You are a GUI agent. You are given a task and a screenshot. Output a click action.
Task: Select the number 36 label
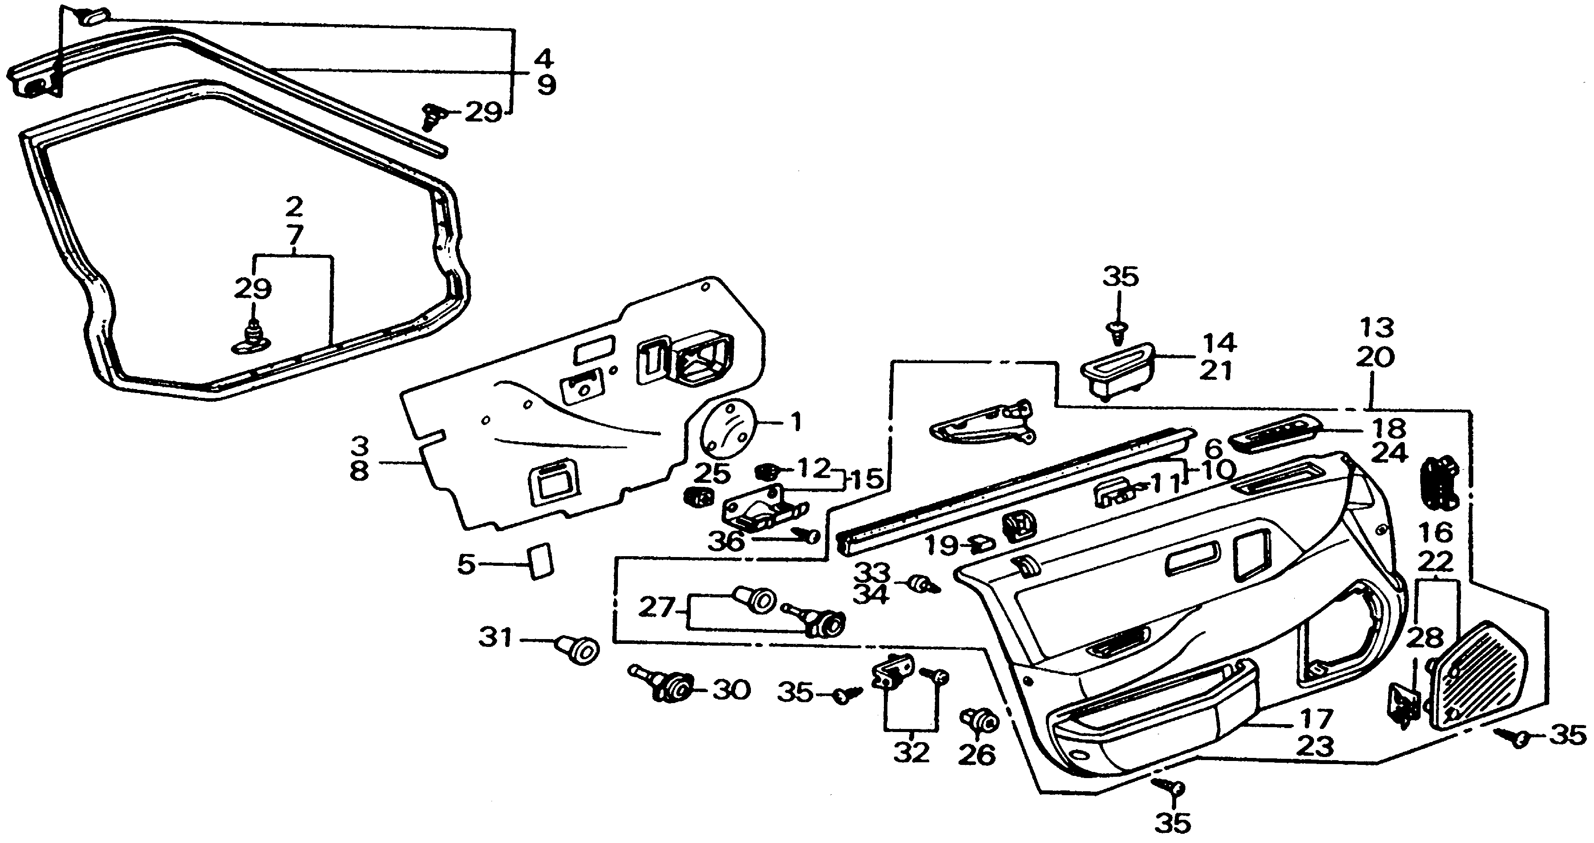726,542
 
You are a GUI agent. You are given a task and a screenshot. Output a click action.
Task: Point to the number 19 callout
942,546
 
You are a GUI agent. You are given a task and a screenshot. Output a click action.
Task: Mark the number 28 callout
1425,638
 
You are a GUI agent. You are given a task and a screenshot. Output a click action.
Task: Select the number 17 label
1315,719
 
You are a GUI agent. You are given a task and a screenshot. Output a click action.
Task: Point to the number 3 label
359,445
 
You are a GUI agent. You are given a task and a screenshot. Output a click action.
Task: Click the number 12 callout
812,468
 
